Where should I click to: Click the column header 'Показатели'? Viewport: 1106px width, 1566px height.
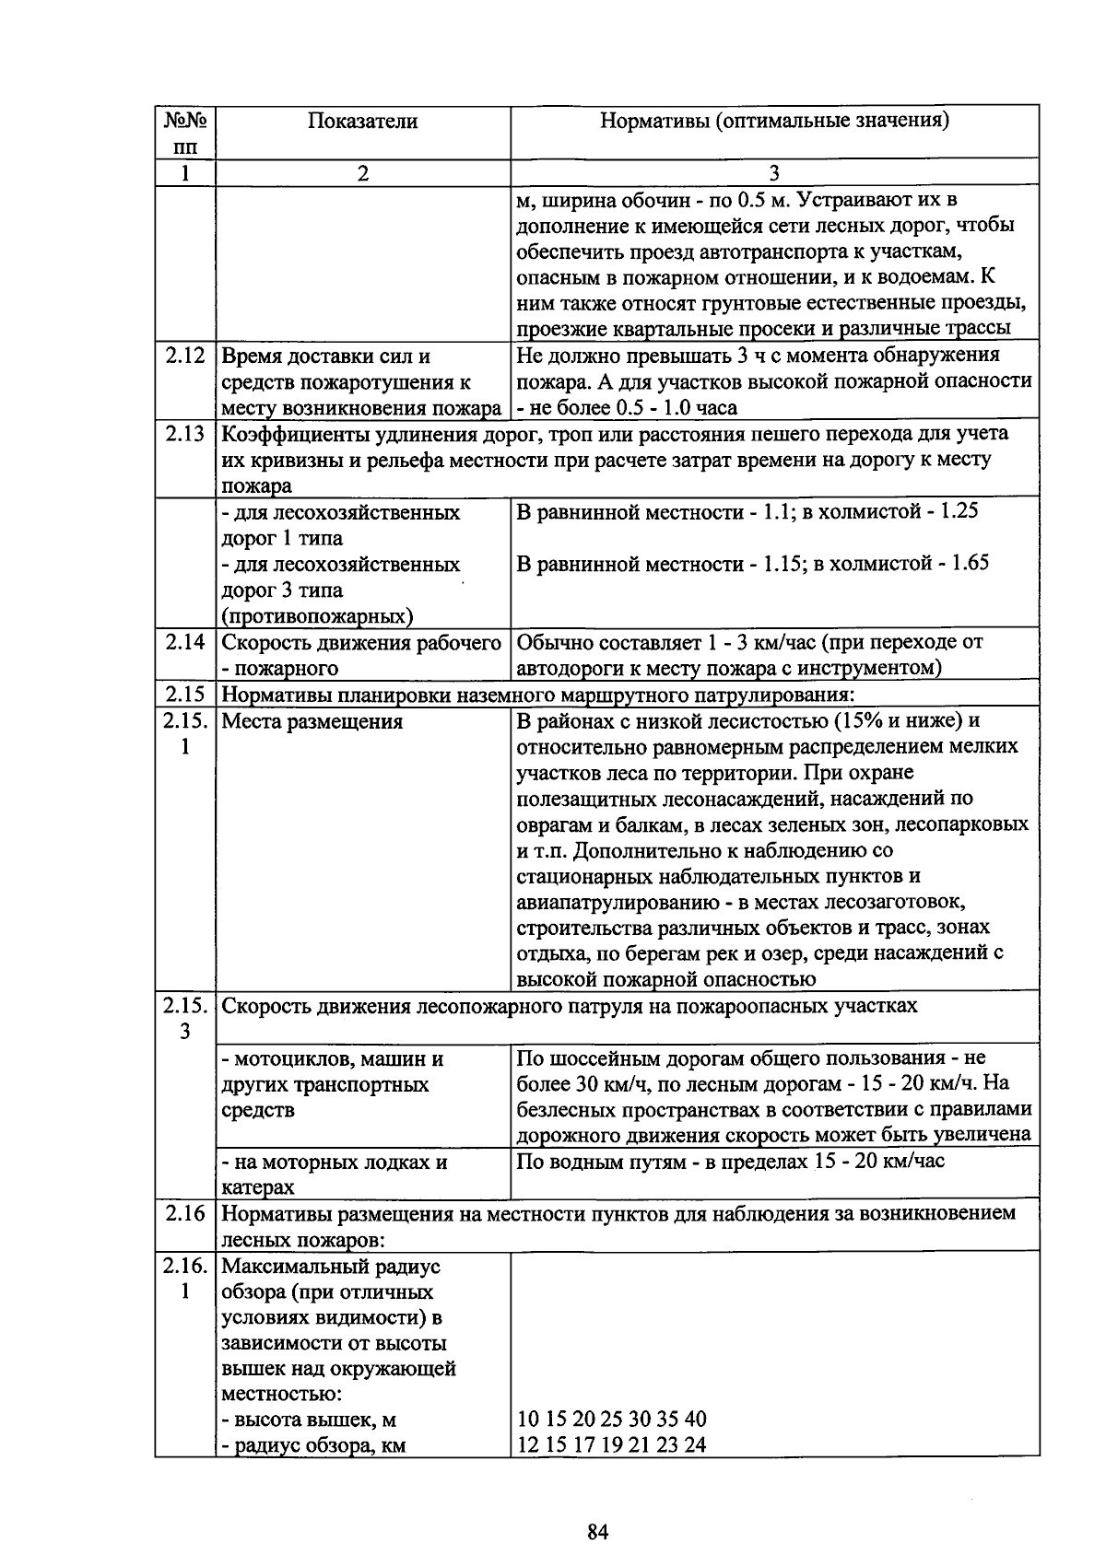[x=362, y=122]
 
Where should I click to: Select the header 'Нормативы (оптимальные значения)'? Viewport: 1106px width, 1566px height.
[x=774, y=121]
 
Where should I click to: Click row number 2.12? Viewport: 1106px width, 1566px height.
[x=185, y=356]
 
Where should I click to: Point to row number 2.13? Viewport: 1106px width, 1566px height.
[x=185, y=433]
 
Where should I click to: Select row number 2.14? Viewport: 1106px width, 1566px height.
[x=185, y=642]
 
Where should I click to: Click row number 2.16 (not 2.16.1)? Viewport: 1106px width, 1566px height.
[x=185, y=1213]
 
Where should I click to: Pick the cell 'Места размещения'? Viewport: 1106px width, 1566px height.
[x=312, y=722]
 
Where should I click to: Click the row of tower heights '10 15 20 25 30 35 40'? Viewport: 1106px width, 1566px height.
[x=612, y=1420]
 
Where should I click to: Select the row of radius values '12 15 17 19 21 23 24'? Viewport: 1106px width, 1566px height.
[x=611, y=1445]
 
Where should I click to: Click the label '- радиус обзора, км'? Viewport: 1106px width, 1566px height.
[x=313, y=1445]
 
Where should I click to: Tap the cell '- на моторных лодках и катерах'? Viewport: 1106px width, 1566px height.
[x=335, y=1174]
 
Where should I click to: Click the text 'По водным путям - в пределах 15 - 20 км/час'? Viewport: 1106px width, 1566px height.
[x=731, y=1162]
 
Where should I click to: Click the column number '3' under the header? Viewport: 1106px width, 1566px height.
[x=774, y=173]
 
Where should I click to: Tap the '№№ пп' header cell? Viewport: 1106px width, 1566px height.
[x=185, y=133]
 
